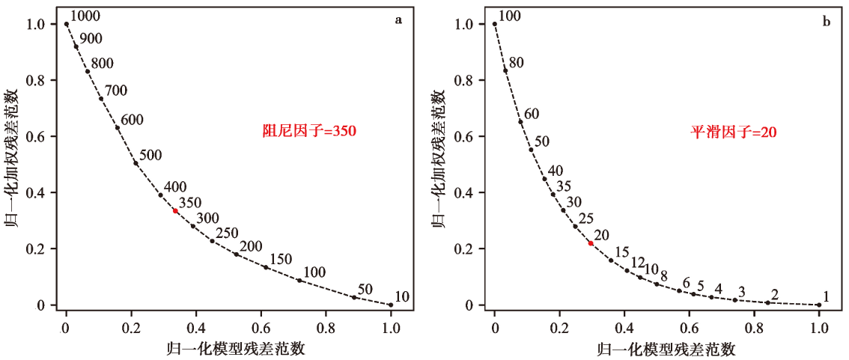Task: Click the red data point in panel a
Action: tap(175, 211)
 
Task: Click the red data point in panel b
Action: tap(591, 243)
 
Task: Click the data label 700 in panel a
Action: tap(115, 91)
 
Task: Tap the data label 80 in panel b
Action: tap(517, 62)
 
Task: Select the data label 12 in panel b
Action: tap(637, 263)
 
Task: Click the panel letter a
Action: tap(398, 21)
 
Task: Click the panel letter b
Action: tap(827, 21)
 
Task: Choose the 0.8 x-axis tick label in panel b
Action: tap(754, 327)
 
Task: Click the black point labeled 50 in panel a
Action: tap(354, 297)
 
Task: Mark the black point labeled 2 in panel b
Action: tap(767, 302)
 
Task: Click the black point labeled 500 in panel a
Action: tap(136, 163)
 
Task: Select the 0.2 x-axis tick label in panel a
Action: tap(131, 327)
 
